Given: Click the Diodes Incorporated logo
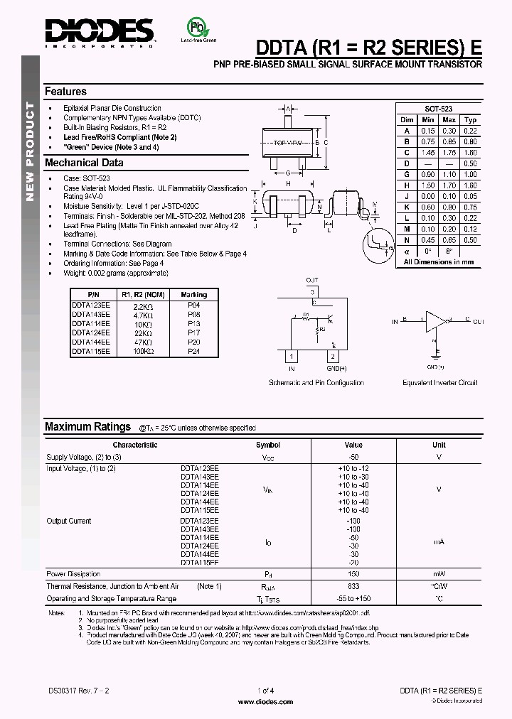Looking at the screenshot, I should (x=99, y=31).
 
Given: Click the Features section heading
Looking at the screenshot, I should (x=65, y=92).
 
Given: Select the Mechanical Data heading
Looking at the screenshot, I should (x=84, y=163).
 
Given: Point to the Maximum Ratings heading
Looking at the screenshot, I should (x=87, y=427).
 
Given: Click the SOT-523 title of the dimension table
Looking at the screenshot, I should (x=438, y=109).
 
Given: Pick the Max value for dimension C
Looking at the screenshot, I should (x=449, y=153).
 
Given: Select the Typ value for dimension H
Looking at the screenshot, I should (x=470, y=185).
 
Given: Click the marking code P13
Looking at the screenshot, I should (x=193, y=323).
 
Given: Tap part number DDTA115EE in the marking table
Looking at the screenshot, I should (x=91, y=351).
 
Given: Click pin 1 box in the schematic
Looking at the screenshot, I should (x=291, y=356).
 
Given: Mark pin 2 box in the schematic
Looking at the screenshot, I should (x=331, y=356).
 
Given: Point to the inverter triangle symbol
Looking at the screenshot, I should (x=434, y=322).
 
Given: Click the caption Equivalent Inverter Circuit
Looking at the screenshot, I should (x=439, y=383).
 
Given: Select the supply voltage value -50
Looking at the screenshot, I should (x=353, y=458).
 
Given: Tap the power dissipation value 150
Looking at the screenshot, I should (x=353, y=574).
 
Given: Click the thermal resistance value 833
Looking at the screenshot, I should (x=353, y=586).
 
